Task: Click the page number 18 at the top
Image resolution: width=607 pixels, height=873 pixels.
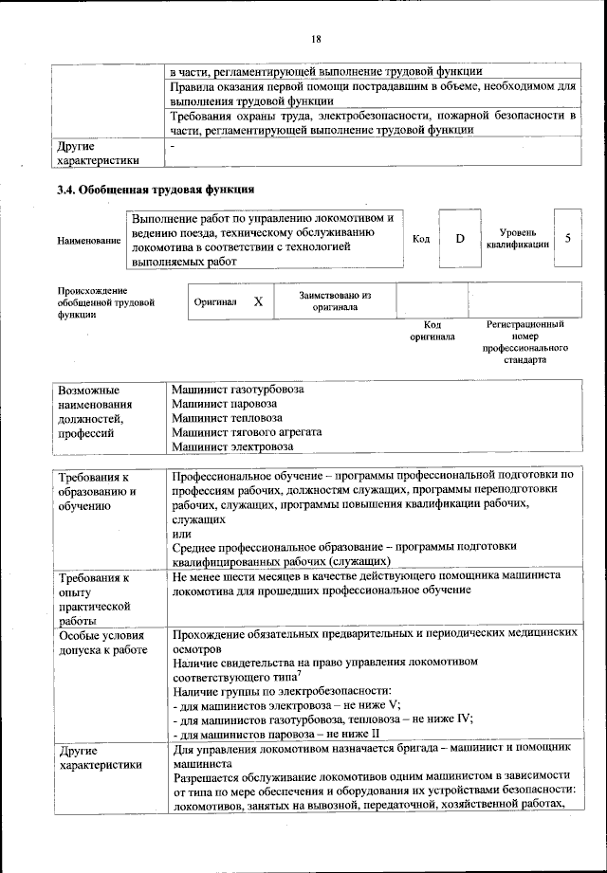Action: (x=316, y=39)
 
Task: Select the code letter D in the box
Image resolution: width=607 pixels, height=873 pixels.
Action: (x=459, y=238)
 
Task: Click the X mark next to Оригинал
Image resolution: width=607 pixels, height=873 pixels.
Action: (x=257, y=300)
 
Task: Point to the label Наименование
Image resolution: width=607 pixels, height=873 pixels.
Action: (x=89, y=241)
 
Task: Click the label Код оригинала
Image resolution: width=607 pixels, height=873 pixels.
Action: (x=432, y=330)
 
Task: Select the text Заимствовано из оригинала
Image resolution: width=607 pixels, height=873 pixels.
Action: (x=335, y=301)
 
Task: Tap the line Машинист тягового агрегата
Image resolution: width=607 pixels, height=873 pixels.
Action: (x=247, y=432)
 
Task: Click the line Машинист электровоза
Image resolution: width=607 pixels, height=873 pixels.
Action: (x=232, y=446)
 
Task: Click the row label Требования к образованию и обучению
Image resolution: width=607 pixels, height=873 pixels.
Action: (x=98, y=491)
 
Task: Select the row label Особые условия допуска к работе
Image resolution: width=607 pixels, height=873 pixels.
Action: (x=101, y=643)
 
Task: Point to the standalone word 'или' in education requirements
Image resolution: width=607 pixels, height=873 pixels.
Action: (x=181, y=533)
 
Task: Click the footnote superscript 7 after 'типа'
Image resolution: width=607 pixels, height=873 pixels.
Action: (x=298, y=674)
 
